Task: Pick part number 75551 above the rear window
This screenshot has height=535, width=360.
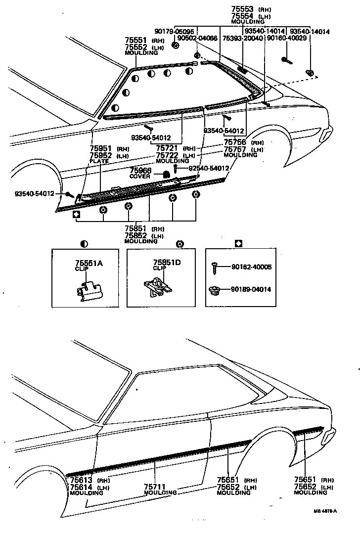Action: pos(135,41)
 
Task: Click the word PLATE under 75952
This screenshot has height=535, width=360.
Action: pos(99,161)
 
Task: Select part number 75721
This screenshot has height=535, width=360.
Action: pos(167,148)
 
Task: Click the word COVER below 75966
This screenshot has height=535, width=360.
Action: pos(140,177)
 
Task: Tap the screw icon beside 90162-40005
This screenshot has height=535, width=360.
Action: pos(215,267)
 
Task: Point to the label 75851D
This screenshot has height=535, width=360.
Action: pos(166,263)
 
